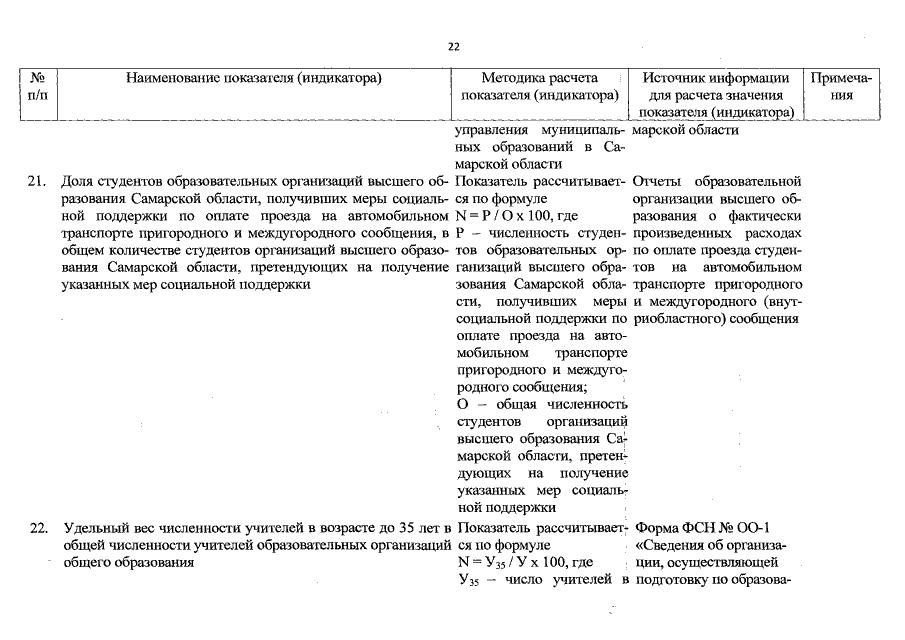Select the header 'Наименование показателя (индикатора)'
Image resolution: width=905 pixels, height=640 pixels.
point(255,78)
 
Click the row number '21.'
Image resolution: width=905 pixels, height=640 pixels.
point(36,182)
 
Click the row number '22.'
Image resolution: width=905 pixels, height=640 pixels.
point(36,527)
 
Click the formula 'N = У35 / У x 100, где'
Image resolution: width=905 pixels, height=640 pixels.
point(522,563)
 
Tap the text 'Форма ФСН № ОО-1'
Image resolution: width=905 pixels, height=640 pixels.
point(703,527)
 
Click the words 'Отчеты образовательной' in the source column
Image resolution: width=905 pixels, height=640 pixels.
point(718,182)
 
